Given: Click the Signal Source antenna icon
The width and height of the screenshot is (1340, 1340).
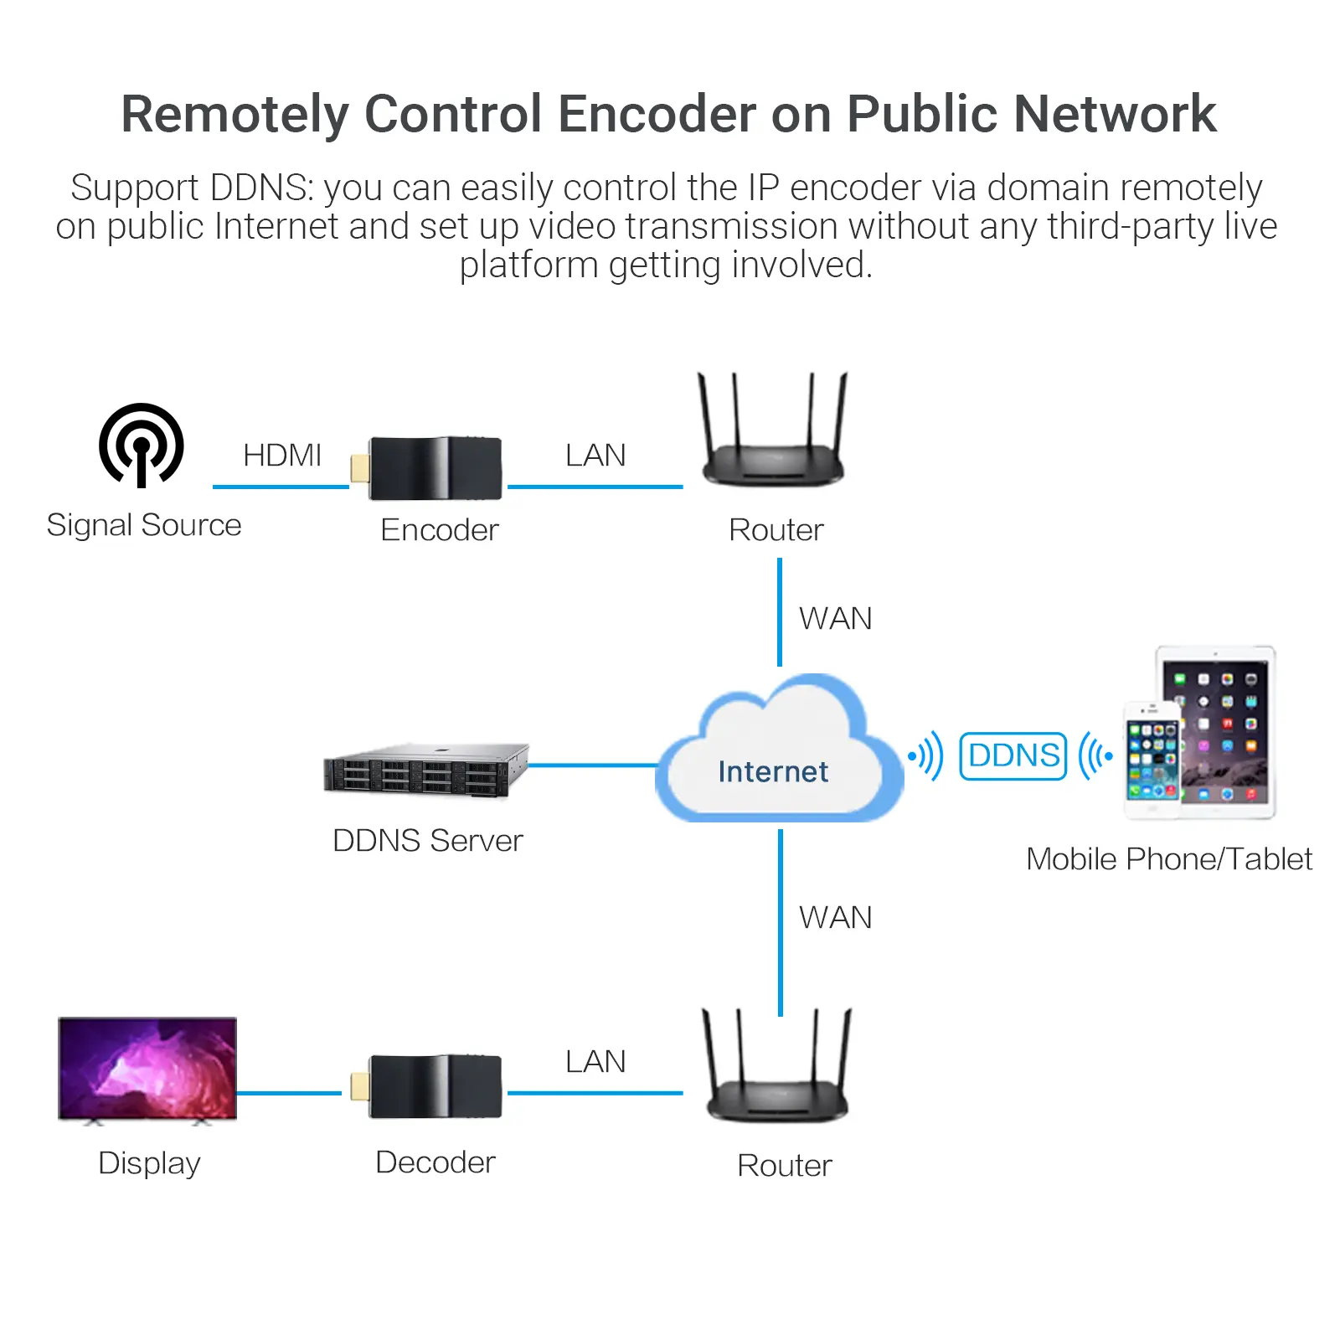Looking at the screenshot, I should click(x=142, y=445).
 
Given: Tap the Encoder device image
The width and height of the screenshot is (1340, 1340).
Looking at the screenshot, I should click(x=435, y=468).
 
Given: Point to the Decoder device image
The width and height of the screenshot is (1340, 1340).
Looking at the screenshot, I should click(x=435, y=1086).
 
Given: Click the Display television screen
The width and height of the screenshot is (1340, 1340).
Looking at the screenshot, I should click(x=147, y=1068).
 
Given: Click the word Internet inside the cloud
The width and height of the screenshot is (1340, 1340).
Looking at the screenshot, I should click(x=773, y=771).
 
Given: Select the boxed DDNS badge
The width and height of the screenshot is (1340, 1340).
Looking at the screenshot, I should click(x=1013, y=755).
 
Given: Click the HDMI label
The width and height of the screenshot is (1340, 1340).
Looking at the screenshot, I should click(x=282, y=456).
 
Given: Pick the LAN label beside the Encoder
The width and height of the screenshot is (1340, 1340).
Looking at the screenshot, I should click(x=595, y=456).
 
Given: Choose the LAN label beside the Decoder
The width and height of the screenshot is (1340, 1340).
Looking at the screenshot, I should click(x=595, y=1062).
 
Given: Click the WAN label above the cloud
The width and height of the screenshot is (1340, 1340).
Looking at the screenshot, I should click(x=835, y=619).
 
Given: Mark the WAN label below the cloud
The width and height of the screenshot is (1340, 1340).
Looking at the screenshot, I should click(x=835, y=918).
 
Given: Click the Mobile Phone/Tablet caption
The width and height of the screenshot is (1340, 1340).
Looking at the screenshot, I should click(x=1169, y=859).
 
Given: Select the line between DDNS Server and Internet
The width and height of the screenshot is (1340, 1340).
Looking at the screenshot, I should click(x=593, y=765).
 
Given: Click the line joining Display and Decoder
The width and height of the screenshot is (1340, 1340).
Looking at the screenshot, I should click(x=289, y=1093).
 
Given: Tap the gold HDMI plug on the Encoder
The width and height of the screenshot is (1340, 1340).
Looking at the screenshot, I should click(x=360, y=468).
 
